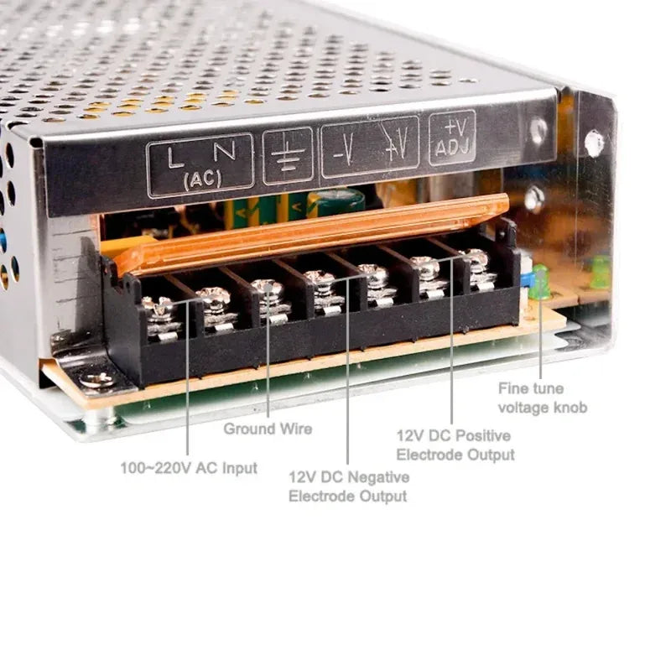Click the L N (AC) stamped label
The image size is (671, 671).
click(200, 164)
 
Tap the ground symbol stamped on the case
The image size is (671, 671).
click(287, 156)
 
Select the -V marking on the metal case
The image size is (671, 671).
click(344, 151)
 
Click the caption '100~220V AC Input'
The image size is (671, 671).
click(189, 468)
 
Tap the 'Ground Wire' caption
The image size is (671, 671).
click(268, 429)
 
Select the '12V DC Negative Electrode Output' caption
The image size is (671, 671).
click(349, 486)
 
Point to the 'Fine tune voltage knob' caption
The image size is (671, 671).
click(543, 398)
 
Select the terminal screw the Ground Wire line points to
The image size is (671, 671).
click(268, 289)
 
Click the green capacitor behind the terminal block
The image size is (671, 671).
click(335, 201)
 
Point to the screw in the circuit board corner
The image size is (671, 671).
click(99, 379)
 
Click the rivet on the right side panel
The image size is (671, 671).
click(594, 143)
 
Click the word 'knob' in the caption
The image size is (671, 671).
click(570, 408)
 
